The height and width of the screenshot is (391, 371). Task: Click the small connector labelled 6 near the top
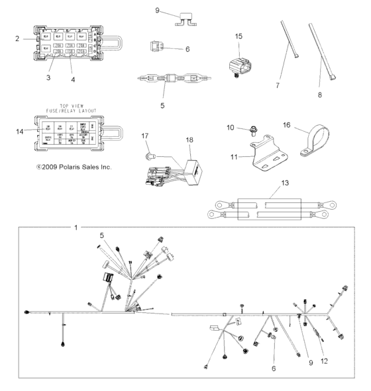click(x=156, y=48)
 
